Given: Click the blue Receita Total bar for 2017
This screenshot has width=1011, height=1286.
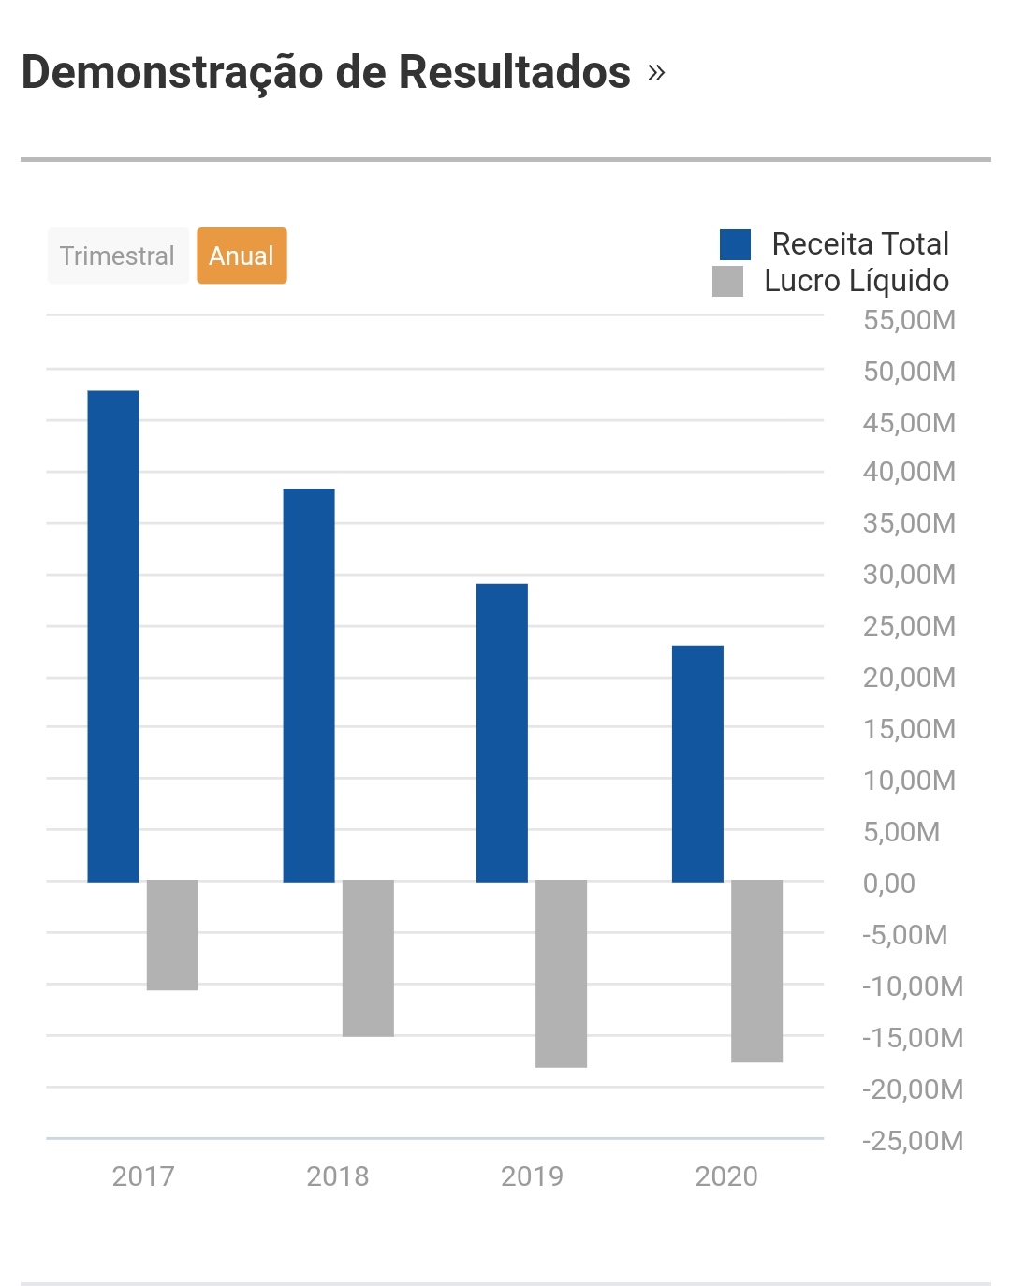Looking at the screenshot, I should coord(113,636).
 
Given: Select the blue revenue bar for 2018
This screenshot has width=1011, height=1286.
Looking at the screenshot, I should coord(309,685).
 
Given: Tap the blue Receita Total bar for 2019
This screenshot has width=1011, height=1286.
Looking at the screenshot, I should coord(502,733).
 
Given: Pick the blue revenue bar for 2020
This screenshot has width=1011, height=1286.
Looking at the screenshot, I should coord(697,764).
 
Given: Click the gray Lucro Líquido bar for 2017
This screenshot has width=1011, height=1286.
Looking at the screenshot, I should coord(172,935).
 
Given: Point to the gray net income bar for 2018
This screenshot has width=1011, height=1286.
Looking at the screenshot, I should coord(368,957).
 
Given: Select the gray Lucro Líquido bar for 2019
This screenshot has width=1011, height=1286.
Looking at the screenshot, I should coord(561,973).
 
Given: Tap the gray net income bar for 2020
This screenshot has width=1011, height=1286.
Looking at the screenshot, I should coord(756,971).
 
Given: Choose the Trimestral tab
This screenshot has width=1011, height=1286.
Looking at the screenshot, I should coord(118,256).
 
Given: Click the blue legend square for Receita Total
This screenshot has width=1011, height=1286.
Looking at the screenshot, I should coord(735,244).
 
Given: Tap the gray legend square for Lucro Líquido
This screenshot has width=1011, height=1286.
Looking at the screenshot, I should coord(727,281).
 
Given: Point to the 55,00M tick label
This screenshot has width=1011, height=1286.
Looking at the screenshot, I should coord(909,320).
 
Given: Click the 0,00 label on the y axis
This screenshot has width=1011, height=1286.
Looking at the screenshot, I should coord(888,883).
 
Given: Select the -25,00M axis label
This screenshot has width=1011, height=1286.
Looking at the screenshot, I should coord(912,1140).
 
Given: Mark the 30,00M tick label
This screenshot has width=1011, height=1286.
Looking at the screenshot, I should coord(909,574).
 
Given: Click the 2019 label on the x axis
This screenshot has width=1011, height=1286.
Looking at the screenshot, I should coord(532,1176).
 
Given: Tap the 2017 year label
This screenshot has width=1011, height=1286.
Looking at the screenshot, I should coord(143,1176).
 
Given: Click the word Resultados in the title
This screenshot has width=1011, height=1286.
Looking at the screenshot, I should coord(515,72).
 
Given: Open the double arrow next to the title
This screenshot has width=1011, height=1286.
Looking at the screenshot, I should coord(656,73).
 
